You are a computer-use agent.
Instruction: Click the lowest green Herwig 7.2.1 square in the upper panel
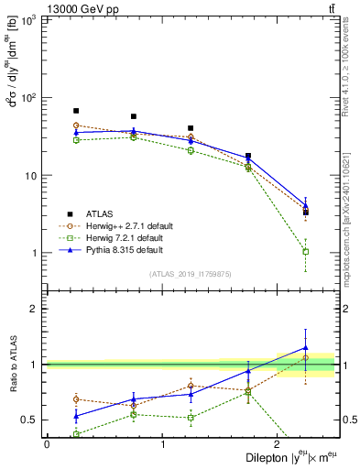(306, 251)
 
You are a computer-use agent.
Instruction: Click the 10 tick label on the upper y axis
(32, 175)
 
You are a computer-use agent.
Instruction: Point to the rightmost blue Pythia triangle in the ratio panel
(306, 348)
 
